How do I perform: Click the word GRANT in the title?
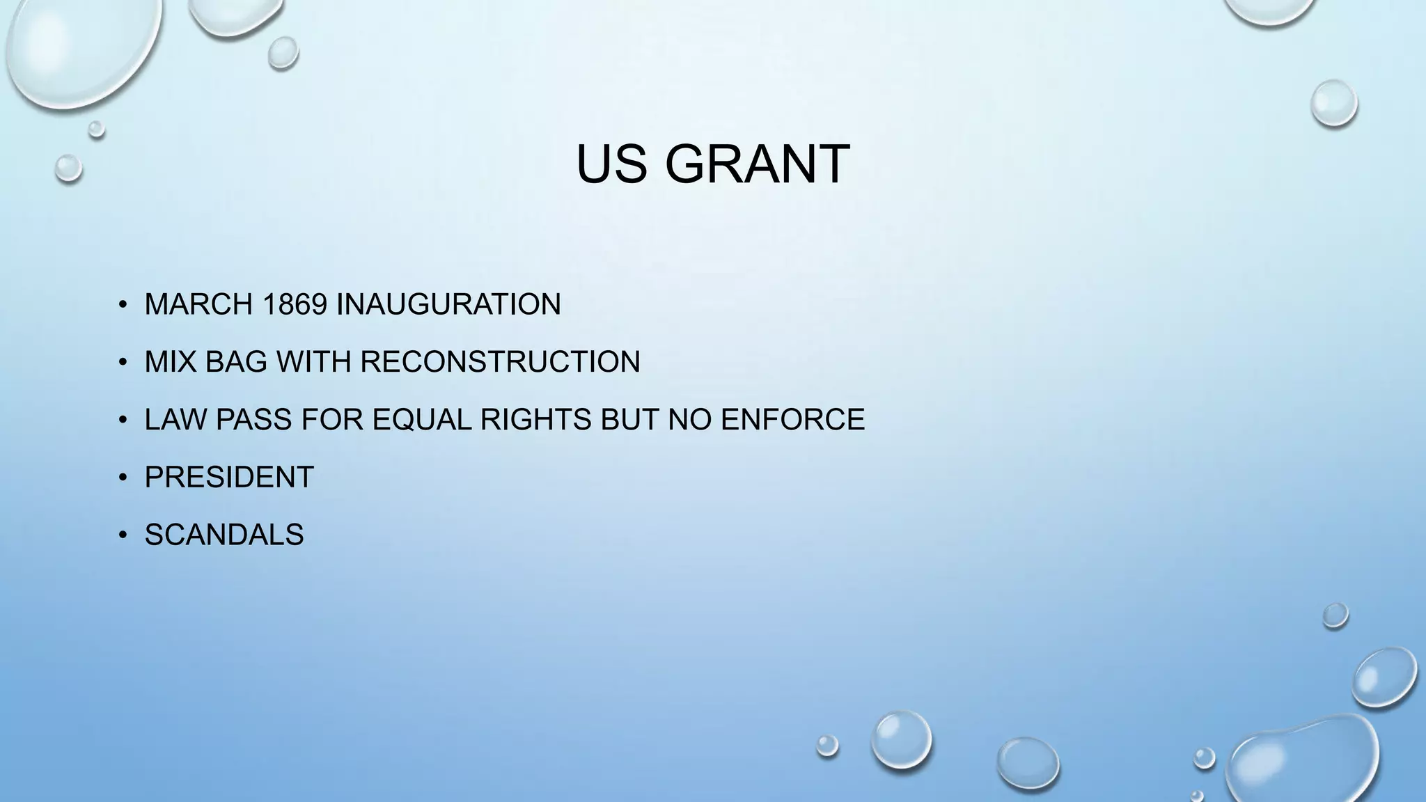point(757,164)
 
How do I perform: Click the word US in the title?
point(611,164)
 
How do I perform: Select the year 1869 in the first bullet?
point(295,304)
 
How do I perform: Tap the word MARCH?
point(198,304)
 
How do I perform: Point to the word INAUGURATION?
point(448,304)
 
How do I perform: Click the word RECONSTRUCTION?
point(500,362)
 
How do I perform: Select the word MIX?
point(171,362)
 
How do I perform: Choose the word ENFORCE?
point(792,420)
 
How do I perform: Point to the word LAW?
point(175,420)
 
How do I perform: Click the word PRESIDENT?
point(229,478)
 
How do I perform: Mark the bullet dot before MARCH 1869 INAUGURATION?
point(123,304)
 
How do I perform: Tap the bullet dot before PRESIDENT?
point(123,478)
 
